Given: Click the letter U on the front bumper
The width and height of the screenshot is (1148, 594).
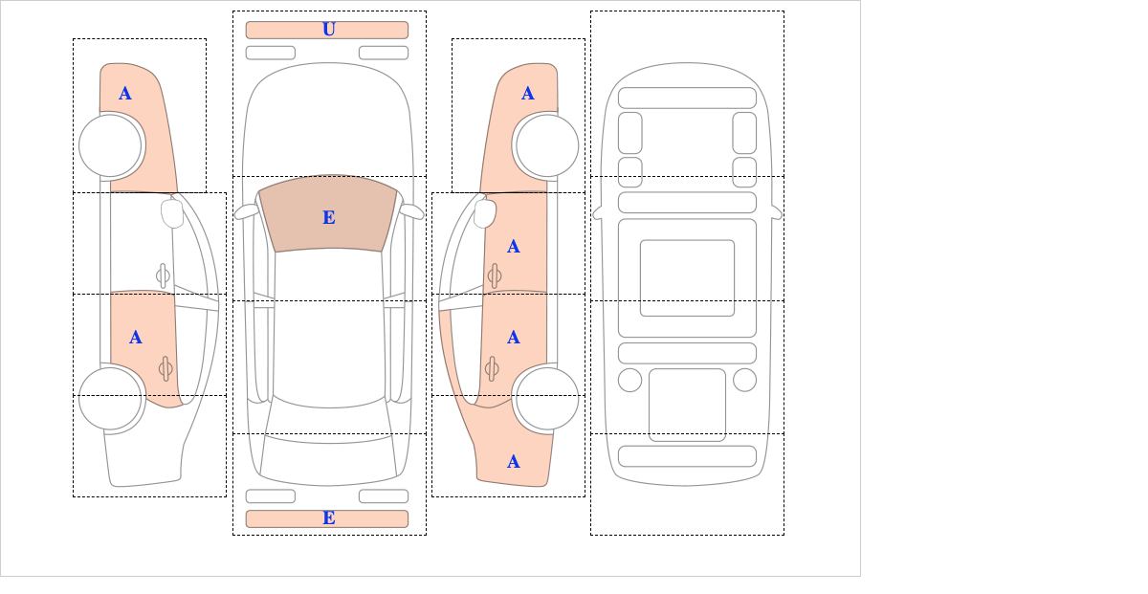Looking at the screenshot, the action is [x=329, y=30].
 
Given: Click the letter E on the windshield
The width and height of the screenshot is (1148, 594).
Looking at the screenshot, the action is [x=329, y=218].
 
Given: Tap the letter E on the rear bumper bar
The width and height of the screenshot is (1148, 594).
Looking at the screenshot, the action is [x=329, y=518].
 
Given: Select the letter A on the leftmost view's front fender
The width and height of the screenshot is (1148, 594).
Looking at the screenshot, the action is [x=125, y=94].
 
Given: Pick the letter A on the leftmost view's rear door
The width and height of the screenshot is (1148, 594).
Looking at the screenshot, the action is [x=135, y=338].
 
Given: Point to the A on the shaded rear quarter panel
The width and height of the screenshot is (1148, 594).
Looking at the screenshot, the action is [x=514, y=462].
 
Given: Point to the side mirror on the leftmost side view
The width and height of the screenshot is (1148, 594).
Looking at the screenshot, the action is [x=172, y=213].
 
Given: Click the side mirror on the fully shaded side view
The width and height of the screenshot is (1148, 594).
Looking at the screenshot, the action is [x=485, y=213].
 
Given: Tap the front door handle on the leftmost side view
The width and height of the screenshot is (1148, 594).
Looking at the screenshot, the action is [x=163, y=276].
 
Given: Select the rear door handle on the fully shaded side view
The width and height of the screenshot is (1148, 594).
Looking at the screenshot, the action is [x=492, y=368].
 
